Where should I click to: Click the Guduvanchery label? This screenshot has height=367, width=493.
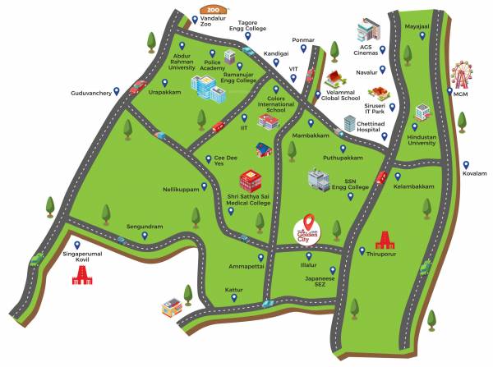coord(90,93)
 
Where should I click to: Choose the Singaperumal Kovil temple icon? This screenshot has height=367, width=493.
coord(81,273)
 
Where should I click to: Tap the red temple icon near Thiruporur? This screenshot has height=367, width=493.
coord(384,238)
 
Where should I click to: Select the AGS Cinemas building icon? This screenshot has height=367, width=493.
coord(366,31)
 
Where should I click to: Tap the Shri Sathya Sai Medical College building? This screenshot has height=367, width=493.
coord(250,180)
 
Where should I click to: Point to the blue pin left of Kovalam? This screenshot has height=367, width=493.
coord(465,163)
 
